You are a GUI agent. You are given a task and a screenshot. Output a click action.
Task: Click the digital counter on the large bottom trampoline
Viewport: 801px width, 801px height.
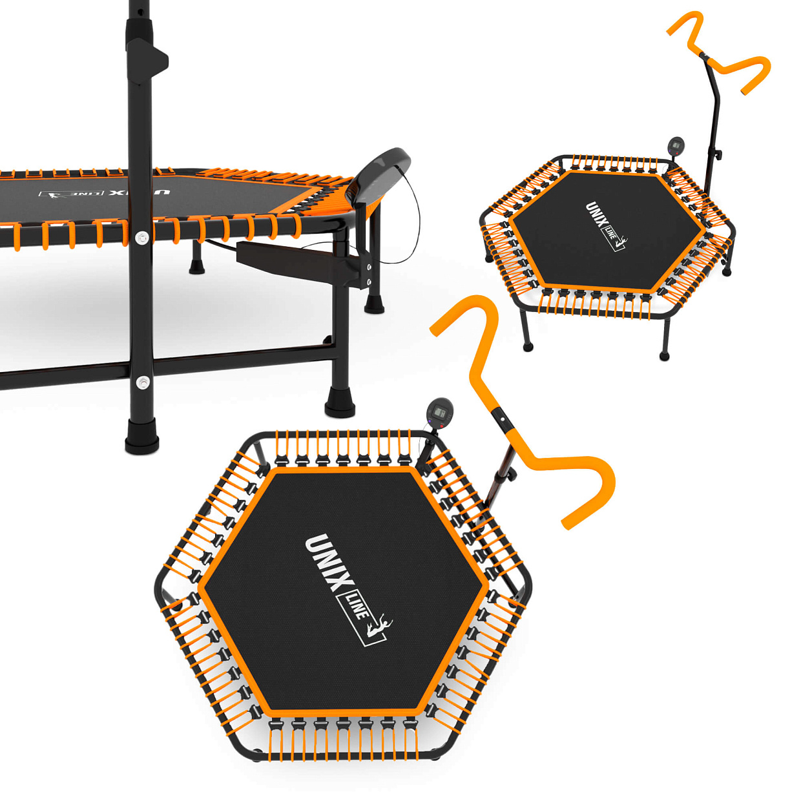(x=439, y=413)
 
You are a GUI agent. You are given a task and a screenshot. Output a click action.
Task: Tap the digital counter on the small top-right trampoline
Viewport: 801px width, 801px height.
(x=676, y=146)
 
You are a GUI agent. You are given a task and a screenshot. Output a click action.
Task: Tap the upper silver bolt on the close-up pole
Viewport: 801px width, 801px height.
(x=143, y=238)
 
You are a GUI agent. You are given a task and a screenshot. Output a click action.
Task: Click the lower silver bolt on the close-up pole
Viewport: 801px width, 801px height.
(x=143, y=382)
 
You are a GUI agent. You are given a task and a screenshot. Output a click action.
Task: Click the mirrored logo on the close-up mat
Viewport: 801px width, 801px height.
(x=105, y=194)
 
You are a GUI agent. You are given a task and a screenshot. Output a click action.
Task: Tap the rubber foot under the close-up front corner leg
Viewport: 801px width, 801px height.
(x=340, y=403)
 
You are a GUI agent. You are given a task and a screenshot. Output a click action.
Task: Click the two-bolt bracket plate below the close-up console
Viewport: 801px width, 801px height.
(x=362, y=269)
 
